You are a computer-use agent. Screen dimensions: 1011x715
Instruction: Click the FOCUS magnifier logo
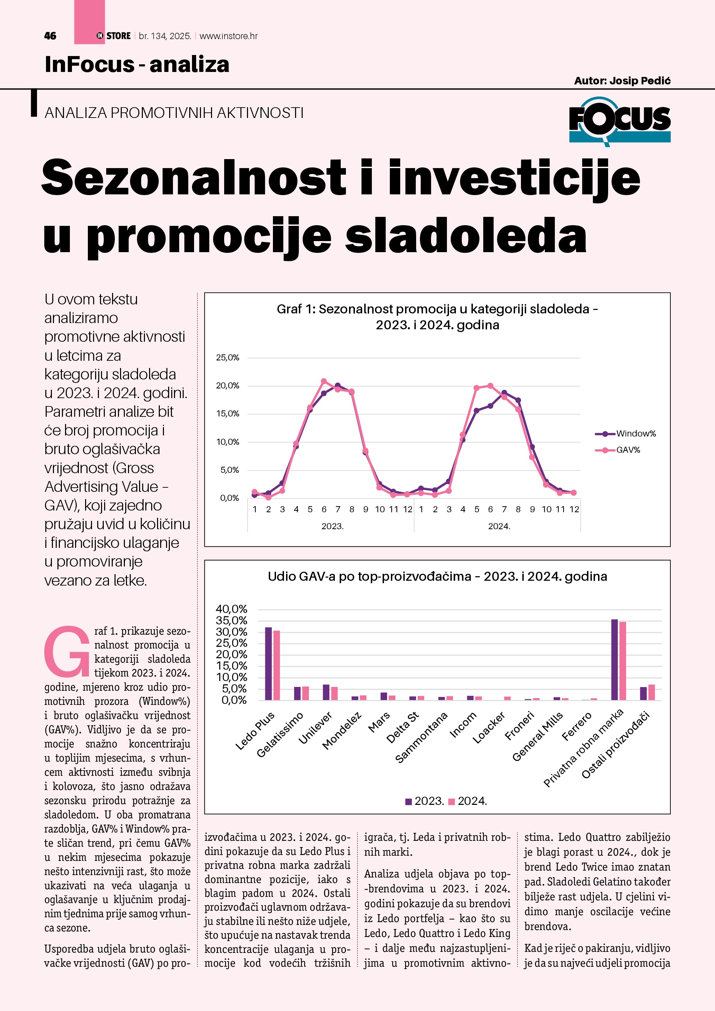tap(619, 120)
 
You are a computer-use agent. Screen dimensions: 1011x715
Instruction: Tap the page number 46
tap(50, 36)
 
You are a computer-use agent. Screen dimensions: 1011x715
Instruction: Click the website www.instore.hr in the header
tap(229, 36)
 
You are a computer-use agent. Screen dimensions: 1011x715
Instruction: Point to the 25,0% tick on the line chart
tap(227, 358)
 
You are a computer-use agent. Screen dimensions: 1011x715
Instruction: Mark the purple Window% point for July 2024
tap(504, 392)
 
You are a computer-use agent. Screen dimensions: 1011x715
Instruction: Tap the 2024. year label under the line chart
tap(499, 526)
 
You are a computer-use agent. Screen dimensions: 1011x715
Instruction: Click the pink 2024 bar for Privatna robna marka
tap(623, 661)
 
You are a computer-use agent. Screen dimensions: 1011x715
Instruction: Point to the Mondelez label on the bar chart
tap(342, 730)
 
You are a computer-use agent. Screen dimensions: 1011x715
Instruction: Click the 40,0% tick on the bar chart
tap(231, 609)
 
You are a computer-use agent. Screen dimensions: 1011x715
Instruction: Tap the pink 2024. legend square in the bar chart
tap(451, 801)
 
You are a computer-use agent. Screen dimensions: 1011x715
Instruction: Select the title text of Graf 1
tap(437, 316)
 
